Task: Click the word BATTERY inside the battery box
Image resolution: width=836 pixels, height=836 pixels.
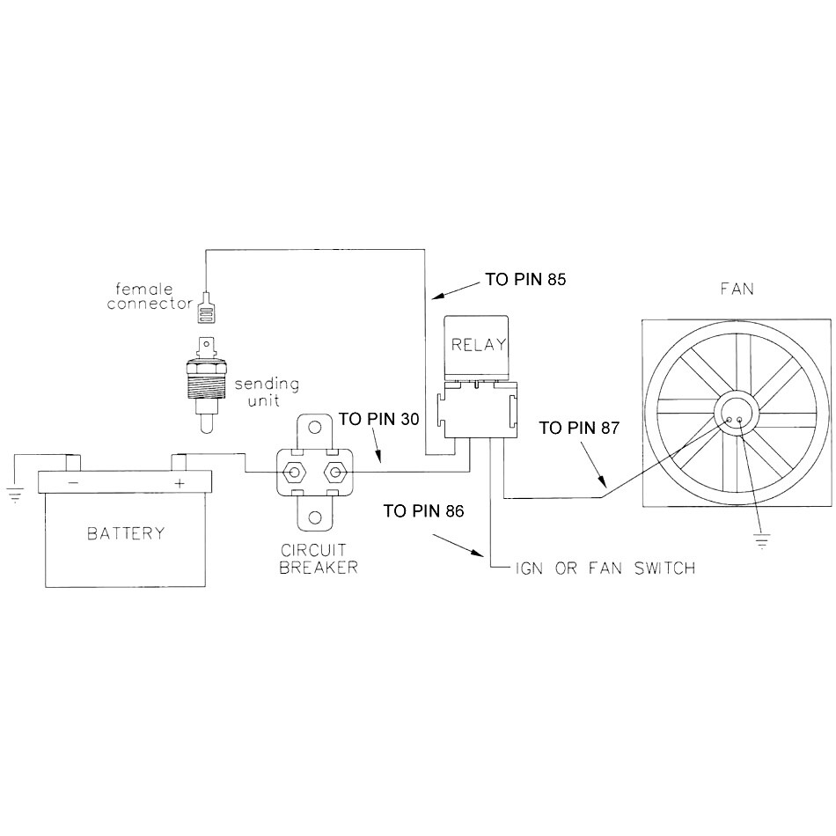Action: [125, 533]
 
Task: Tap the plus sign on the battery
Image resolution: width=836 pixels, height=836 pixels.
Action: [180, 483]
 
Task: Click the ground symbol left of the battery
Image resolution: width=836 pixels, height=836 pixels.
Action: [15, 494]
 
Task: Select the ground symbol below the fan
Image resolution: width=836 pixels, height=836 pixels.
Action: [761, 539]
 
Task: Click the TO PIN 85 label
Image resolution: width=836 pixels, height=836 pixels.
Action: [525, 281]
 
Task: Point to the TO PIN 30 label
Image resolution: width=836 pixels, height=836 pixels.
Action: [379, 420]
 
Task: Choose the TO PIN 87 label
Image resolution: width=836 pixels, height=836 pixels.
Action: [580, 429]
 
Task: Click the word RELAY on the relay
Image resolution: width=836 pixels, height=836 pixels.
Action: [476, 345]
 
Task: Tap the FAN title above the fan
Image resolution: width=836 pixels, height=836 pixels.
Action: [736, 289]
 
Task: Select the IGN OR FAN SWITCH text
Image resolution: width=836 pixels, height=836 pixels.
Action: [605, 568]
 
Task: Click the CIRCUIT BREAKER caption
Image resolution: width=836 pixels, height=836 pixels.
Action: [318, 559]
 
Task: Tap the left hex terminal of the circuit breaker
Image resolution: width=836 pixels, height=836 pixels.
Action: [292, 473]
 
